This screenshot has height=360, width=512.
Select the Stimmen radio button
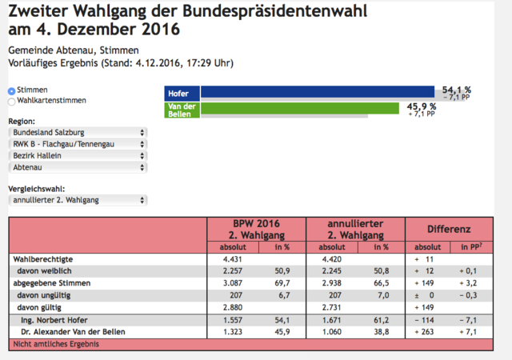pyautogui.click(x=12, y=91)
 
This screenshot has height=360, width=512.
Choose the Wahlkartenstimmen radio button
pyautogui.click(x=12, y=102)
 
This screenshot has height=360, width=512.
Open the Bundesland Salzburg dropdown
pyautogui.click(x=78, y=132)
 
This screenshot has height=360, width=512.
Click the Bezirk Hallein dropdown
pyautogui.click(x=78, y=155)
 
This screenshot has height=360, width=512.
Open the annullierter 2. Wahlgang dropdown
pyautogui.click(x=78, y=200)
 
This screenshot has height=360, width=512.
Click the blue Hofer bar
pyautogui.click(x=318, y=91)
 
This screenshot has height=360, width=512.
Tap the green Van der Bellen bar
pyautogui.click(x=300, y=108)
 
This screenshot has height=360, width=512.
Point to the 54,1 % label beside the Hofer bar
pyautogui.click(x=457, y=90)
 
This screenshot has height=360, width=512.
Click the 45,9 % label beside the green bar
pyautogui.click(x=422, y=106)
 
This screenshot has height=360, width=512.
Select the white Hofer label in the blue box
pyautogui.click(x=178, y=94)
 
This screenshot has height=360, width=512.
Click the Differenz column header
pyautogui.click(x=449, y=230)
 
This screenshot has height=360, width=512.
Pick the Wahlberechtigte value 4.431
pyautogui.click(x=233, y=259)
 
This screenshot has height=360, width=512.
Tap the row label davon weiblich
pyautogui.click(x=44, y=271)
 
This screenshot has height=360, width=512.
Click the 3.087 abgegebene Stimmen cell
pyautogui.click(x=233, y=283)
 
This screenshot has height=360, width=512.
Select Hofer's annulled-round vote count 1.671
pyautogui.click(x=332, y=320)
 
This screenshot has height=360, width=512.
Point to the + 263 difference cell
pyautogui.click(x=424, y=332)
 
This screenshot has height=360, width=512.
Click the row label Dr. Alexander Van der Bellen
pyautogui.click(x=73, y=332)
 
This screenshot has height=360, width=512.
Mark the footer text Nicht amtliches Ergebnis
pyautogui.click(x=56, y=344)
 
